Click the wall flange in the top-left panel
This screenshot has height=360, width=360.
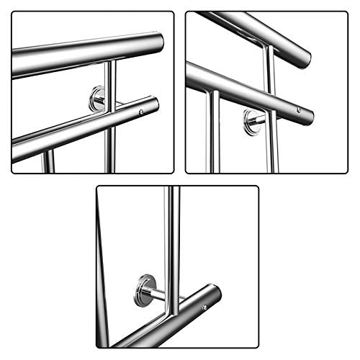(96, 99)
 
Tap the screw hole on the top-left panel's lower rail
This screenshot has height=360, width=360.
(141, 112)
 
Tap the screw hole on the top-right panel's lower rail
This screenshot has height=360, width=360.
(299, 110)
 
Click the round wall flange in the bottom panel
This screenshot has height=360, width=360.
(144, 290)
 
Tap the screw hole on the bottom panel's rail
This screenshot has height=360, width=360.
(204, 308)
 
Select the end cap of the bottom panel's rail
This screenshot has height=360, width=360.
(215, 294)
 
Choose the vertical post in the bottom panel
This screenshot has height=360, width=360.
(173, 245)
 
